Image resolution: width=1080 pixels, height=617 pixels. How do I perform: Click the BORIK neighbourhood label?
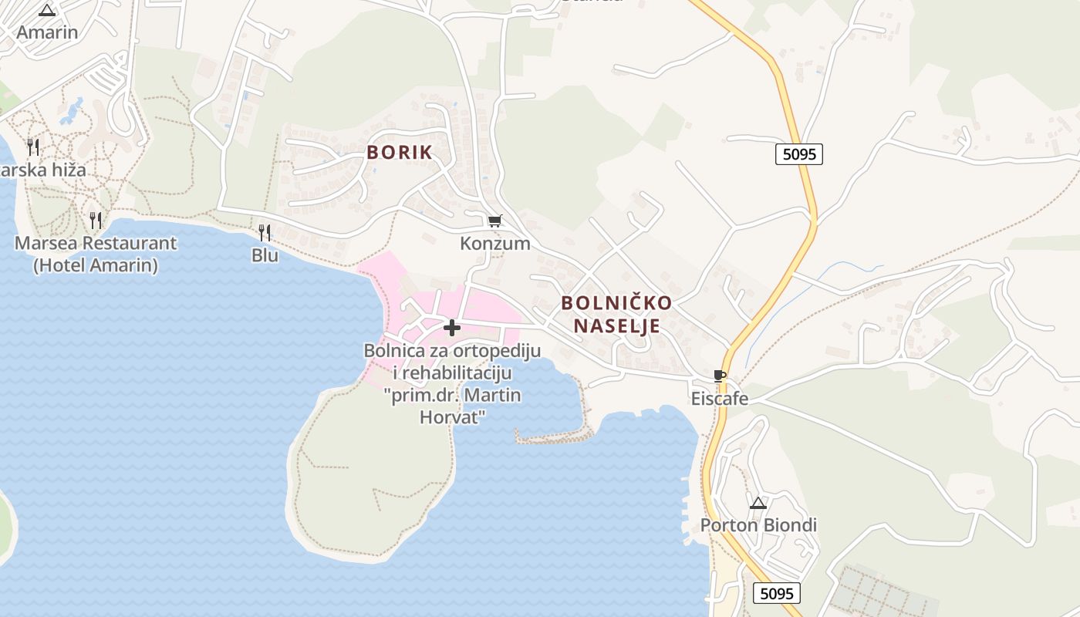[x=400, y=153]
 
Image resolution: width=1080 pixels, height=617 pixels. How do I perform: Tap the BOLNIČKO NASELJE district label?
[x=616, y=314]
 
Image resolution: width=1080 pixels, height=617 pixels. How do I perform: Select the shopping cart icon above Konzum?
[x=494, y=221]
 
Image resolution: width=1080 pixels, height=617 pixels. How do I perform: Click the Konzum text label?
[x=494, y=244]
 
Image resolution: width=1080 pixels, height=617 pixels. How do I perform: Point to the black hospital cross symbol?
[x=452, y=329]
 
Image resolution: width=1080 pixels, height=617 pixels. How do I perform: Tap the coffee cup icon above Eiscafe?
[x=720, y=376]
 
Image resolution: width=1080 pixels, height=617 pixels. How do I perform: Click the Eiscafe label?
[x=720, y=399]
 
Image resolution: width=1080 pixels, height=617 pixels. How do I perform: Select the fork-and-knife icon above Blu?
[x=265, y=232]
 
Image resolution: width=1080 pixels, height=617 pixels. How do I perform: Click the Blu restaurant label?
[x=265, y=255]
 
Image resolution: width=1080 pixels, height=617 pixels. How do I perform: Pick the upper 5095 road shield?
[x=798, y=154]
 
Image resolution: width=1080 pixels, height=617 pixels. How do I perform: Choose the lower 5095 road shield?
[x=777, y=593]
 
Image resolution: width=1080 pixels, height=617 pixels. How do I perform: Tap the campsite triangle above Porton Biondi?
[x=758, y=504]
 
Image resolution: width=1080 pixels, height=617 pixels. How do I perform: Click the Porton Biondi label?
[x=758, y=526]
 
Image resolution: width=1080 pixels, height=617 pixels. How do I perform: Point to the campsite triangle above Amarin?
[x=48, y=10]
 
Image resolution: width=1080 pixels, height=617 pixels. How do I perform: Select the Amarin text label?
[x=48, y=32]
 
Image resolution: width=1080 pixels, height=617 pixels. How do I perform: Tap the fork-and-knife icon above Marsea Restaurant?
[x=96, y=221]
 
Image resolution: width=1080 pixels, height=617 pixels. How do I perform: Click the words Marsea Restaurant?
[x=96, y=244]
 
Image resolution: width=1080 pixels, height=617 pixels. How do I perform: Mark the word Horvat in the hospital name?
[x=452, y=417]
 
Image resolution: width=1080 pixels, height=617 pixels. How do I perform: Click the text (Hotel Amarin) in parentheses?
[x=96, y=265]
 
